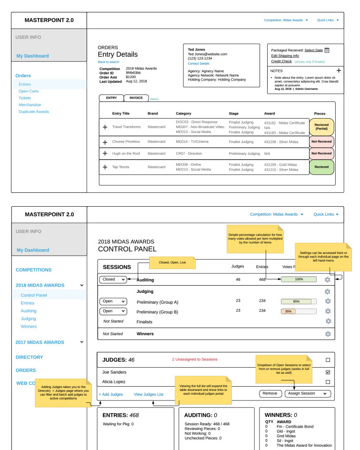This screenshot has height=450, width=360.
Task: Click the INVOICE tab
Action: [x=136, y=98]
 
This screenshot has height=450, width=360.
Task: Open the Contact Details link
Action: [x=199, y=63]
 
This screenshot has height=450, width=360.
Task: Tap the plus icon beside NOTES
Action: [x=339, y=70]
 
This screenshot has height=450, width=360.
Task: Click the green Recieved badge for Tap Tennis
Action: [x=321, y=167]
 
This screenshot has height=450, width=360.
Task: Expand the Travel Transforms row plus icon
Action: [x=105, y=127]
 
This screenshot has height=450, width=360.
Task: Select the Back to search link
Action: [x=109, y=62]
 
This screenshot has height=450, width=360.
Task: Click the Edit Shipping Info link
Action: [x=285, y=56]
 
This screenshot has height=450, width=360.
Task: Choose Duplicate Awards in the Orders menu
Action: [x=34, y=112]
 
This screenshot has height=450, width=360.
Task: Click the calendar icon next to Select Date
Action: [x=327, y=50]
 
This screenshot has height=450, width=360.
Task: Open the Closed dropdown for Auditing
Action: [x=113, y=280]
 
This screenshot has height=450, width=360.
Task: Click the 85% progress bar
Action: [x=299, y=301]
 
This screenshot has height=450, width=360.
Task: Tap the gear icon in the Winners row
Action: [x=328, y=334]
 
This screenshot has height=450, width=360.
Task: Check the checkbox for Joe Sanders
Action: [x=328, y=372]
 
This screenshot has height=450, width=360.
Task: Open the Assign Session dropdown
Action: [x=308, y=394]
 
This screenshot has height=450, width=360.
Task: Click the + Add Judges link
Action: [x=111, y=394]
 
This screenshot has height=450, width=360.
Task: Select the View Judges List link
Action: [x=149, y=394]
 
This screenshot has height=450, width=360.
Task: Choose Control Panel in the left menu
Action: [x=34, y=295]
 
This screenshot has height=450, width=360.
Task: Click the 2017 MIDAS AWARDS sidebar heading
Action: [x=40, y=342]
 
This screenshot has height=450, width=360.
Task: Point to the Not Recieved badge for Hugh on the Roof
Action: [x=321, y=154]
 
